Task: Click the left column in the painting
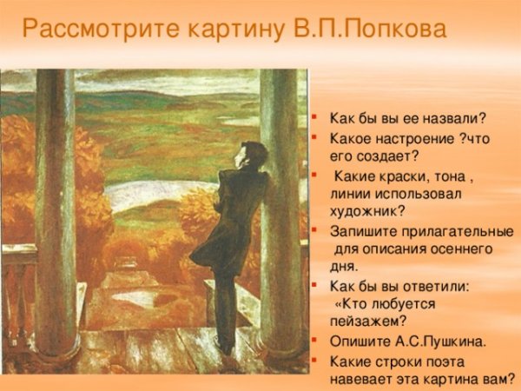click(x=56, y=217)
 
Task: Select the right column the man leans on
click(x=279, y=217)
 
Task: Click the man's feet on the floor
click(x=225, y=348)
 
